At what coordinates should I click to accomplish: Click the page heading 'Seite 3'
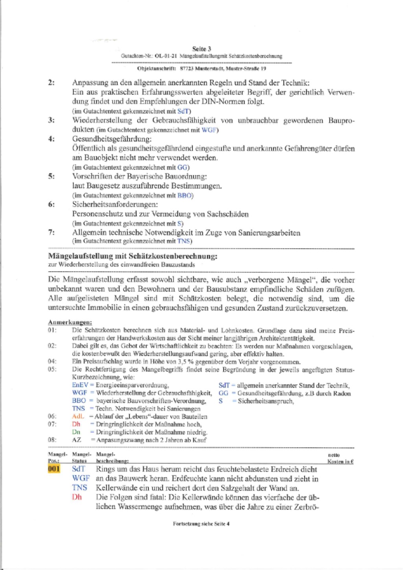tap(201, 49)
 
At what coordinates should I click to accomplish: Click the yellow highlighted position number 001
tap(54, 469)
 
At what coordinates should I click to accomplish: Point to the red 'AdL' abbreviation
tap(78, 416)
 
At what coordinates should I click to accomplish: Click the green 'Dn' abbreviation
tap(76, 432)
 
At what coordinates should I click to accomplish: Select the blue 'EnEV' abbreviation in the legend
tap(80, 385)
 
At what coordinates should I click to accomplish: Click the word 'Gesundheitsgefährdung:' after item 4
tap(111, 139)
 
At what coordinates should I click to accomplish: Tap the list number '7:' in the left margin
tap(52, 233)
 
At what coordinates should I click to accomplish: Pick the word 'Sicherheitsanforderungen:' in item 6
tap(115, 205)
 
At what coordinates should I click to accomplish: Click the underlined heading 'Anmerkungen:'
tap(70, 322)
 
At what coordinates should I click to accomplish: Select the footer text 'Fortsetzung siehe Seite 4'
tap(201, 523)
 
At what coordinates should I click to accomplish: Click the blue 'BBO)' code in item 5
tap(185, 196)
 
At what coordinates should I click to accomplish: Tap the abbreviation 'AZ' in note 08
tap(76, 440)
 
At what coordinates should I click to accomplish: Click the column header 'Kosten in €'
tap(340, 461)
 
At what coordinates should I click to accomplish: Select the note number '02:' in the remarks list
tap(52, 346)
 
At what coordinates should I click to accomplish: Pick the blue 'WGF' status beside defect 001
tap(81, 478)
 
